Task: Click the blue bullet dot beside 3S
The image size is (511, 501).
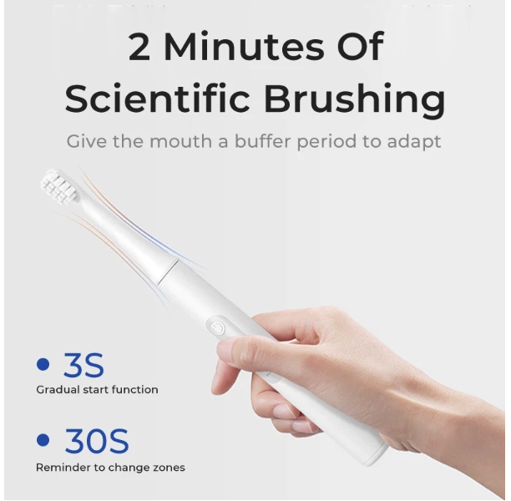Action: click(43, 364)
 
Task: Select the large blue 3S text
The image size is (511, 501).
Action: click(83, 365)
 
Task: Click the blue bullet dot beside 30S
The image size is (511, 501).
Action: click(43, 440)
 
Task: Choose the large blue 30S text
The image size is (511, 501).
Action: click(96, 441)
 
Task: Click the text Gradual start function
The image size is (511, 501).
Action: click(97, 389)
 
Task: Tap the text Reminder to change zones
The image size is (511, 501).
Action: click(110, 468)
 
